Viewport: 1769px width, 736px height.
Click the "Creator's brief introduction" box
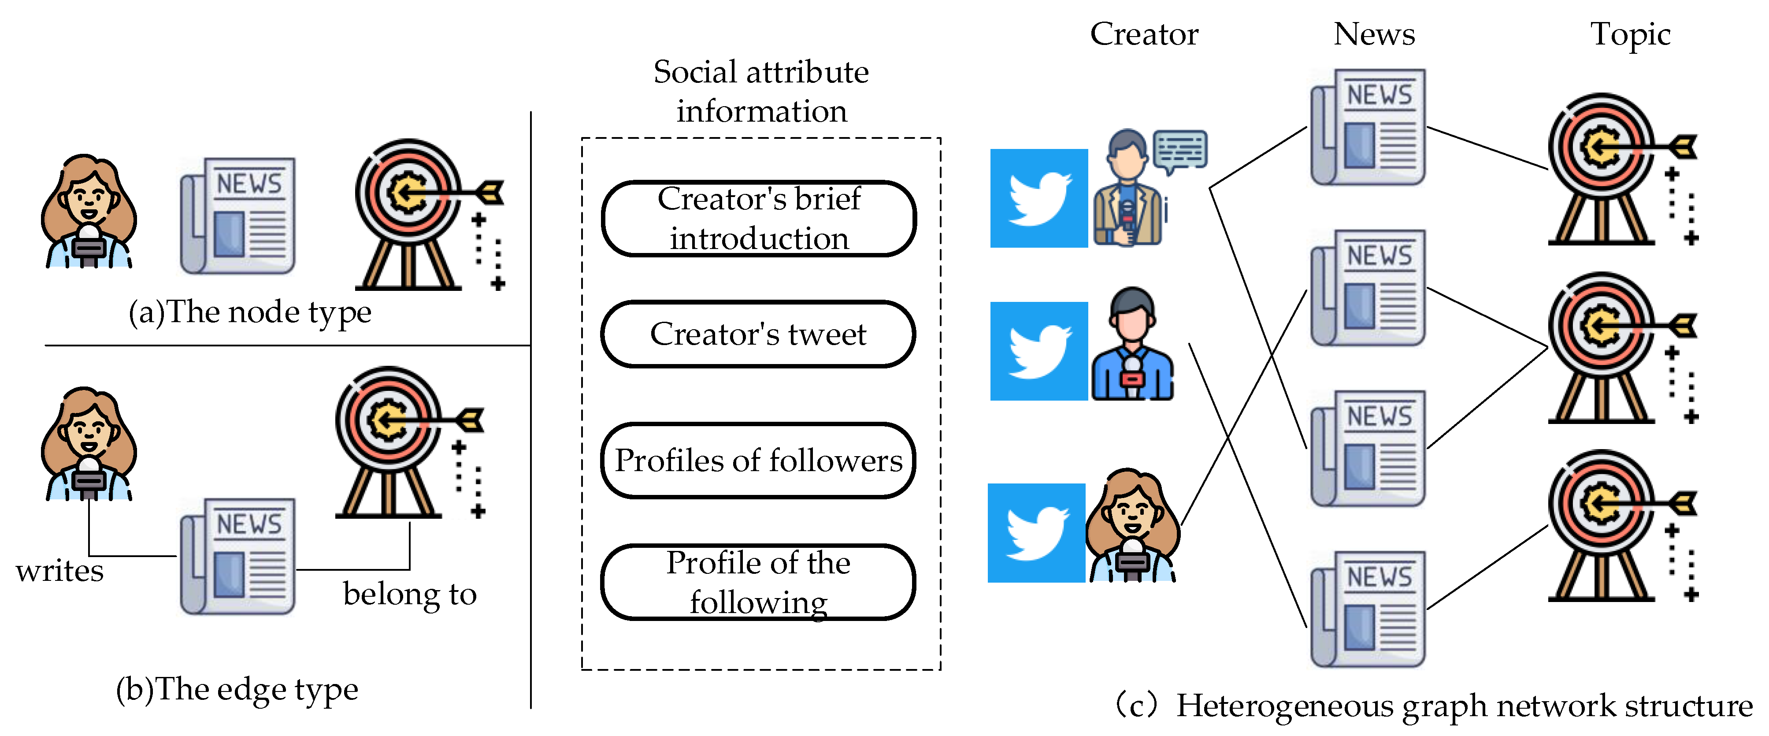(x=758, y=219)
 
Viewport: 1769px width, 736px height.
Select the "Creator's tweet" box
(x=758, y=334)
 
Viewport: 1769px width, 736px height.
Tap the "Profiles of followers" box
(x=758, y=461)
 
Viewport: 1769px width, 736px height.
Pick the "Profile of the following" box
(x=758, y=582)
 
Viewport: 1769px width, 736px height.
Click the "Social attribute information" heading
(x=761, y=91)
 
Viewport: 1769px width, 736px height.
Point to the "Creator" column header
(x=1144, y=34)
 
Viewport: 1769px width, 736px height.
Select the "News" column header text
(x=1374, y=34)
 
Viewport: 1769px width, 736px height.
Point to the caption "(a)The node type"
(x=250, y=312)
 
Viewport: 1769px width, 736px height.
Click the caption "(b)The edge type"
(x=237, y=689)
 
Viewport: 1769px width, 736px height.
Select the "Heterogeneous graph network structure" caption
(x=1463, y=706)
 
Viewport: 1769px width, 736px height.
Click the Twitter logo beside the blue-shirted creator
(x=1038, y=351)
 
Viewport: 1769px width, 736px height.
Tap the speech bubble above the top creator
(x=1180, y=150)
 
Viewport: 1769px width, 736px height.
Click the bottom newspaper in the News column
(x=1368, y=609)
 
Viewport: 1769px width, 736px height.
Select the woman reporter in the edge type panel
(x=88, y=444)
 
